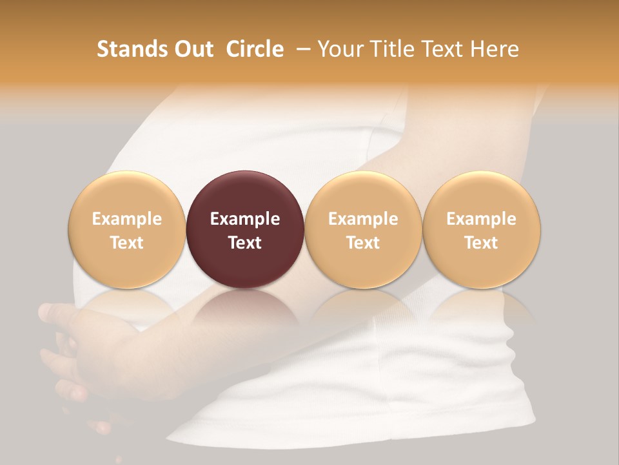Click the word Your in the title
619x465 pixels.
click(x=339, y=49)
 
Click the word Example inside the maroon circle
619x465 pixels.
click(x=245, y=219)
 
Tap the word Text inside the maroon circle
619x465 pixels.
click(x=245, y=243)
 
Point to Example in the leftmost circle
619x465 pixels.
click(x=127, y=219)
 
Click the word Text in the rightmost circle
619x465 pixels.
click(x=482, y=243)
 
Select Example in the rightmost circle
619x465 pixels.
click(x=482, y=219)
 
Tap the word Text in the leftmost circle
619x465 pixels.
click(x=127, y=243)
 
